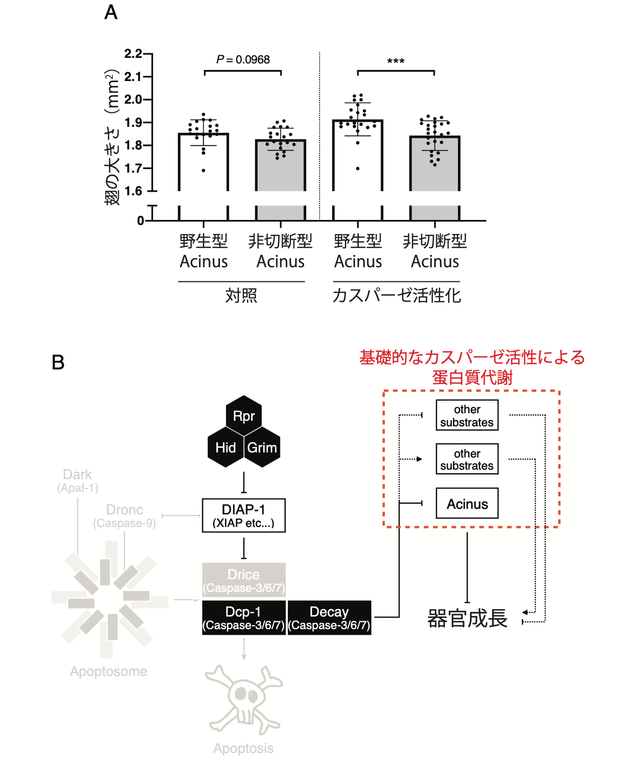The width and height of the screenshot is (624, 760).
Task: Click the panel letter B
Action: tap(58, 362)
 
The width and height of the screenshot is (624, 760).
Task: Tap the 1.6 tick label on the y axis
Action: tap(133, 191)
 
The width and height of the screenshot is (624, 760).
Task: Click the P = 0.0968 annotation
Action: tap(243, 59)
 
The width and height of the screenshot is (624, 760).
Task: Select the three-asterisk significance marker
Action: tap(396, 61)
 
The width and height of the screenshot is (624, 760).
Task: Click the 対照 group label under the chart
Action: tap(241, 295)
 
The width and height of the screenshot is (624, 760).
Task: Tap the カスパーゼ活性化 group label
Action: tap(397, 295)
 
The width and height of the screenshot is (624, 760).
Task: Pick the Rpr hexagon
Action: tap(244, 416)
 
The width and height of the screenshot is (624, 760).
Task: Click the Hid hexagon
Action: tap(226, 447)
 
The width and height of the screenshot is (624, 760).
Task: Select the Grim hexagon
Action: tap(262, 447)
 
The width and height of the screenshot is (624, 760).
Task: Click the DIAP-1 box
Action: tap(244, 515)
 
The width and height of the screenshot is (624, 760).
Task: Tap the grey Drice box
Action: tap(244, 580)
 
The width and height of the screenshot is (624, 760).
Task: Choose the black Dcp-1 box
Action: tap(244, 618)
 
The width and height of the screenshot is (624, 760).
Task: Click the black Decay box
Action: tap(329, 618)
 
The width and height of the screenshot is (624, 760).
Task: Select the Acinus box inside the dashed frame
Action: tap(467, 503)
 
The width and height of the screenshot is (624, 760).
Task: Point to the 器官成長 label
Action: tap(467, 619)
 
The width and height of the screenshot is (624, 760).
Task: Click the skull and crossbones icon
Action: tap(244, 700)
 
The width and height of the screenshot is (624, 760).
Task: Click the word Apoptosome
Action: tap(108, 671)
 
